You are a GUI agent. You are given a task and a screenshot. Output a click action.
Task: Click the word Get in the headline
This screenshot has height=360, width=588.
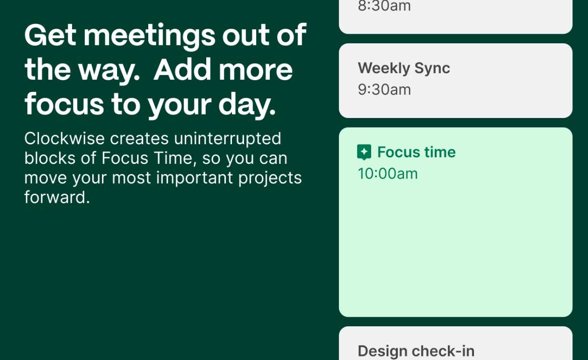coord(50,35)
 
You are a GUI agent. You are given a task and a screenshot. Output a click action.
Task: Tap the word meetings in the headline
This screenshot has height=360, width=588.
coord(149,36)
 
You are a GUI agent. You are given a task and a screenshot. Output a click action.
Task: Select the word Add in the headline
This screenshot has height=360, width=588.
coord(182,70)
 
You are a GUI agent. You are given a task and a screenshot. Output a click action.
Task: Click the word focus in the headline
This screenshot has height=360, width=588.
coord(64,104)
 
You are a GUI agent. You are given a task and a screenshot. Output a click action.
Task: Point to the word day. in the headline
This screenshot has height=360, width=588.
coord(247,105)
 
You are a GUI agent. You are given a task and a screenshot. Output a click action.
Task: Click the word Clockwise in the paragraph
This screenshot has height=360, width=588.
coord(65,138)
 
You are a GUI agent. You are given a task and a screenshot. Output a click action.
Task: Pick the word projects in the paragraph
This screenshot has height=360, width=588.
coord(270,178)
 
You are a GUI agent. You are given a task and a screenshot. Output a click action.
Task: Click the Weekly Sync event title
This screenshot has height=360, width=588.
coord(404,69)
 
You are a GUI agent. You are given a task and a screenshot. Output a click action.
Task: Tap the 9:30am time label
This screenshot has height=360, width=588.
coord(384,90)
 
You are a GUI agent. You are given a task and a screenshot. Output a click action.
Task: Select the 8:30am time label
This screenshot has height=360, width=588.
coord(384,6)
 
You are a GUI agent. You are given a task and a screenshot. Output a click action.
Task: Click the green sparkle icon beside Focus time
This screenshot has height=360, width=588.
coord(364,152)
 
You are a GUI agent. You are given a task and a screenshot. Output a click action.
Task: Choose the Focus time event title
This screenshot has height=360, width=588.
coord(416,152)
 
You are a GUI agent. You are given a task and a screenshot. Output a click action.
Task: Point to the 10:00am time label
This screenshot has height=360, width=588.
coord(388,173)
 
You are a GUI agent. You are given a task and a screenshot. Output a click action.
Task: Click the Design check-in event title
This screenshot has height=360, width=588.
coord(416,351)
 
